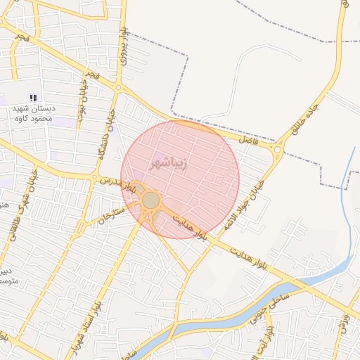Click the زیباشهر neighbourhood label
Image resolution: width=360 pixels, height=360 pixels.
coord(169,164)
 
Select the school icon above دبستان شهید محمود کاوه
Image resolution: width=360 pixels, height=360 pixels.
coord(32,97)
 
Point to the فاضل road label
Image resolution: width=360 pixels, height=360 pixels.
coord(248,141)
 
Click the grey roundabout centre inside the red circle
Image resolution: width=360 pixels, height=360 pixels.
coord(150,201)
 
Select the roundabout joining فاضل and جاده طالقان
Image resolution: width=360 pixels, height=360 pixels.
coord(278,149)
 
